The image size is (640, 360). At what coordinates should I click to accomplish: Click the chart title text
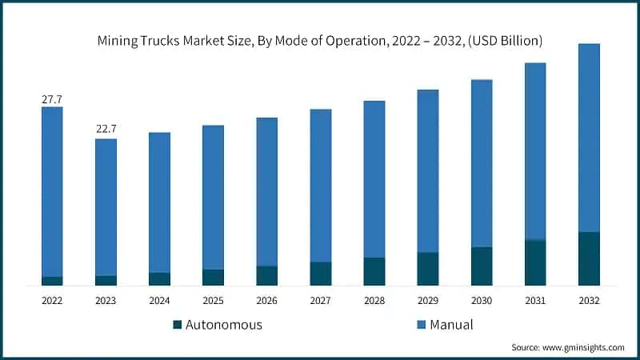tap(320, 40)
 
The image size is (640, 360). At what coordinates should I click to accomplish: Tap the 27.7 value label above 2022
tap(52, 99)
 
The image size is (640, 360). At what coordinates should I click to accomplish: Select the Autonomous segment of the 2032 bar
tap(589, 258)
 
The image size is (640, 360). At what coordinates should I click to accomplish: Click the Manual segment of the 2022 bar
tap(52, 192)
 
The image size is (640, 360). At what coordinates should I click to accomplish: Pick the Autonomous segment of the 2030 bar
tap(482, 266)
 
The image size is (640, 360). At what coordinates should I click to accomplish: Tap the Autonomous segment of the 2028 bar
tap(374, 271)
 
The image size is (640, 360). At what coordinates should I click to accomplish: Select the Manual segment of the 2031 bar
tap(535, 151)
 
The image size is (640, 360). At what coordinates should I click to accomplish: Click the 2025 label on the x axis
tap(213, 301)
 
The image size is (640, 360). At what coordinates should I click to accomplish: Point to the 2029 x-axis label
tap(428, 301)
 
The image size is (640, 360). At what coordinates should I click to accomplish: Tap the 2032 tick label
tap(589, 301)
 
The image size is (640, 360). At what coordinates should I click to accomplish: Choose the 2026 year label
tap(266, 301)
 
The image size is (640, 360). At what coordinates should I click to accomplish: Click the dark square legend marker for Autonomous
tap(178, 325)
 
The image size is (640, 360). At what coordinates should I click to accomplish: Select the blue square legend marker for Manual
tap(421, 325)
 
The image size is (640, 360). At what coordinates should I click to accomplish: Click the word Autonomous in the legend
tap(224, 325)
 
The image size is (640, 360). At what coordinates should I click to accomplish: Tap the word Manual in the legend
tap(451, 325)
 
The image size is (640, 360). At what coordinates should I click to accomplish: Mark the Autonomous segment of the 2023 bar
tap(106, 280)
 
